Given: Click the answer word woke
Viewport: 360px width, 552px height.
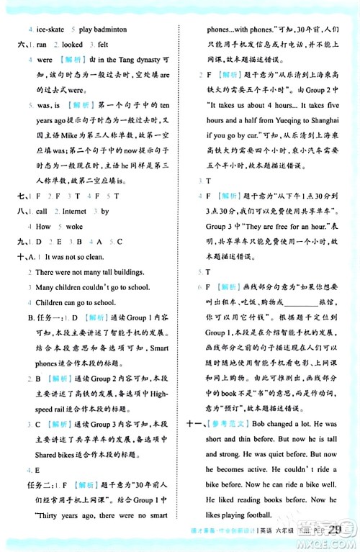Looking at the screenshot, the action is tap(74, 226).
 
